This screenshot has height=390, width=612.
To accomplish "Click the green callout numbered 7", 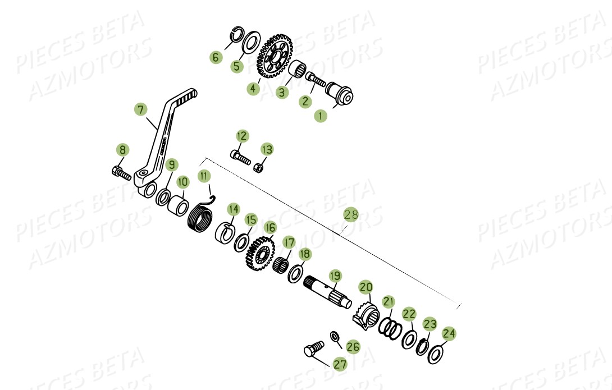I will [140, 109].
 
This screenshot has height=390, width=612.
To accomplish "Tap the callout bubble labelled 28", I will [351, 215].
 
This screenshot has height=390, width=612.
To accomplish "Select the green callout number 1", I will [320, 117].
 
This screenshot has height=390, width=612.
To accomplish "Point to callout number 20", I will [366, 287].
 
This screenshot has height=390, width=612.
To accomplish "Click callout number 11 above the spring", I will [204, 176].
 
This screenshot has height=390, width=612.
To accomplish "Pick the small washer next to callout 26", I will [335, 336].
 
